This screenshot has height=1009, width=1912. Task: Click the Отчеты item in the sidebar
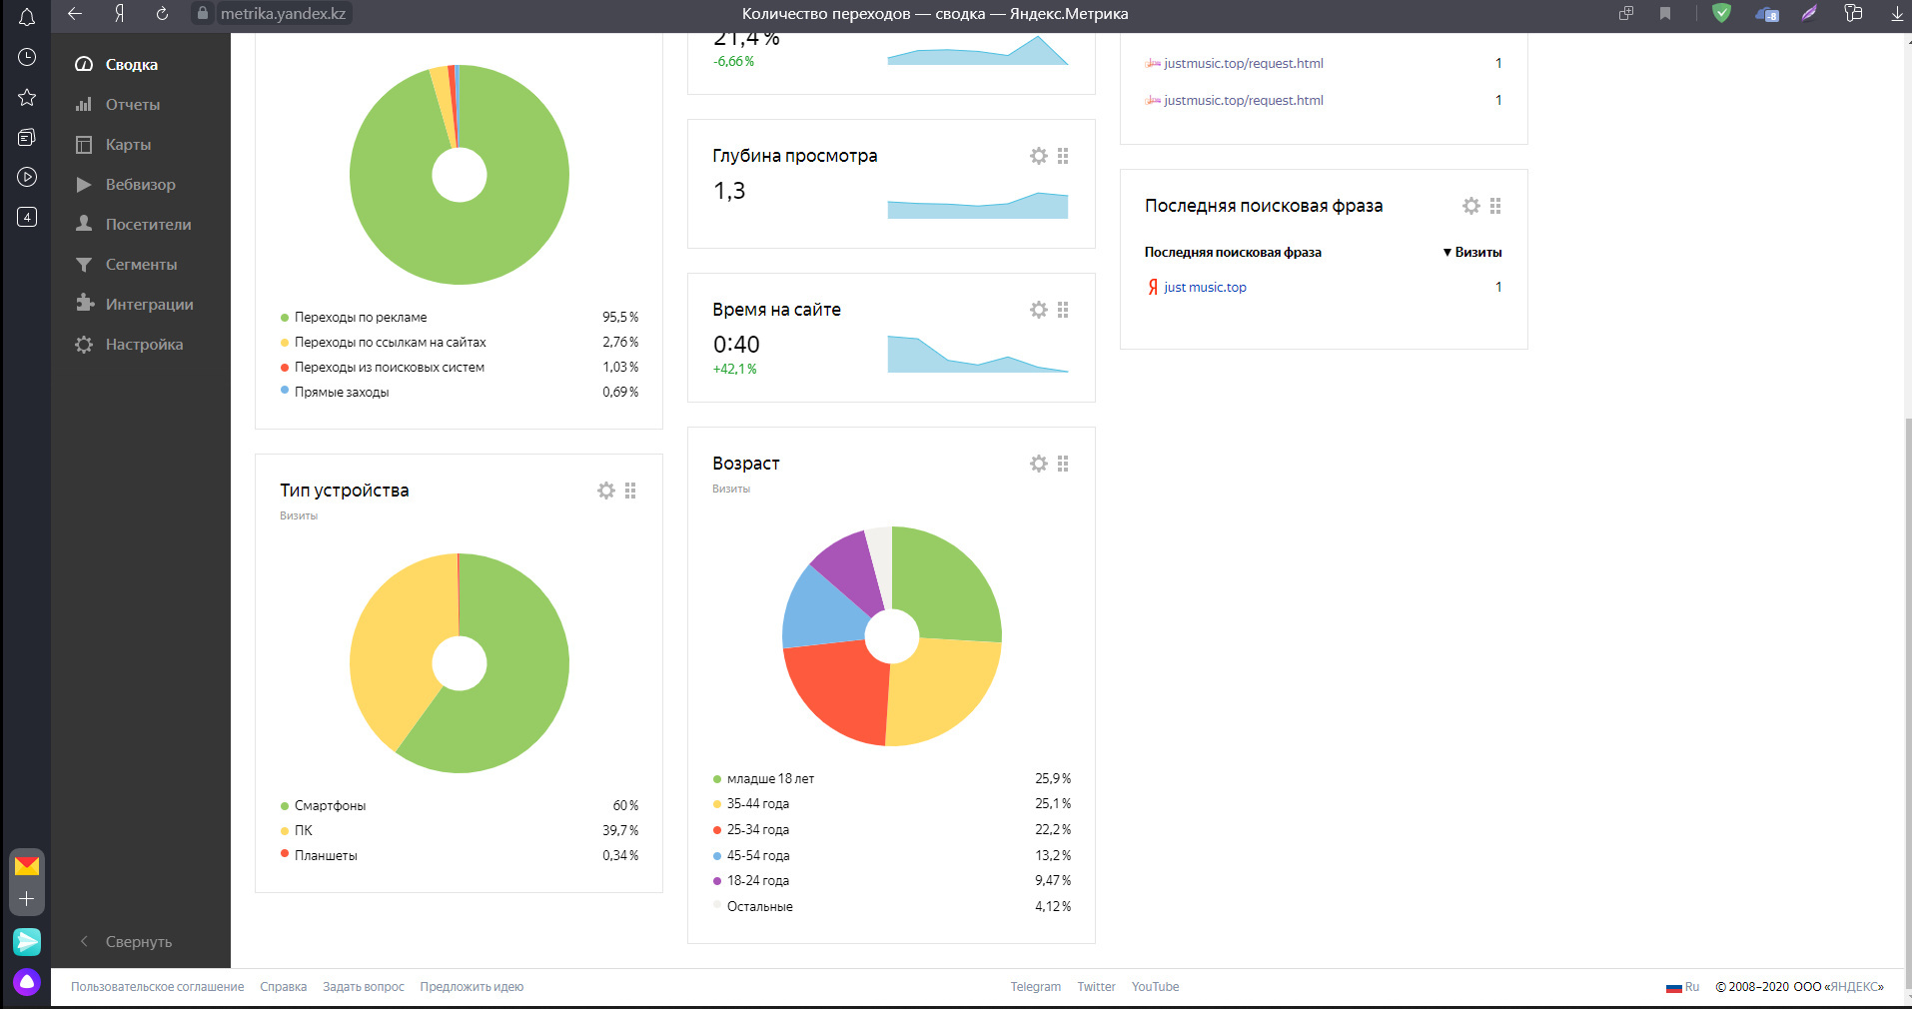[132, 105]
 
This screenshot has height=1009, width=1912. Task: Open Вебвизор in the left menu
[140, 185]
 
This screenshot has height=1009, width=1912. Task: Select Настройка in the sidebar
[144, 345]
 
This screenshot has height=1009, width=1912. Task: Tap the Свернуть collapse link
[138, 942]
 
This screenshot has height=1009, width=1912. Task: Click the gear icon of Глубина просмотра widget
[1039, 156]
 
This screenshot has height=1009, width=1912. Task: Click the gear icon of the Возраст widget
[1039, 464]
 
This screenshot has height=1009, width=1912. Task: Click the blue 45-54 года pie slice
[817, 609]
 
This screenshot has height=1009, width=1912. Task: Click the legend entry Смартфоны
[330, 806]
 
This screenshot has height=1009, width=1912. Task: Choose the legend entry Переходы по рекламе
[361, 318]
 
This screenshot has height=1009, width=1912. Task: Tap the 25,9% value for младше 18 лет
[1053, 779]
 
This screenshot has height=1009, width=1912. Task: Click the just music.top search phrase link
[1205, 288]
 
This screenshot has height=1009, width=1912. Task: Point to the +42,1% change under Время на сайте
[734, 370]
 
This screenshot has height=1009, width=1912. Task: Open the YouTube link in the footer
[1155, 987]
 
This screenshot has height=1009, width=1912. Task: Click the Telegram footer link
[1035, 987]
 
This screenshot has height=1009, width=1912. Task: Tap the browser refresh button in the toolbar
[162, 14]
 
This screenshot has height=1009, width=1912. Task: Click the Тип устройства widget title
[345, 491]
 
